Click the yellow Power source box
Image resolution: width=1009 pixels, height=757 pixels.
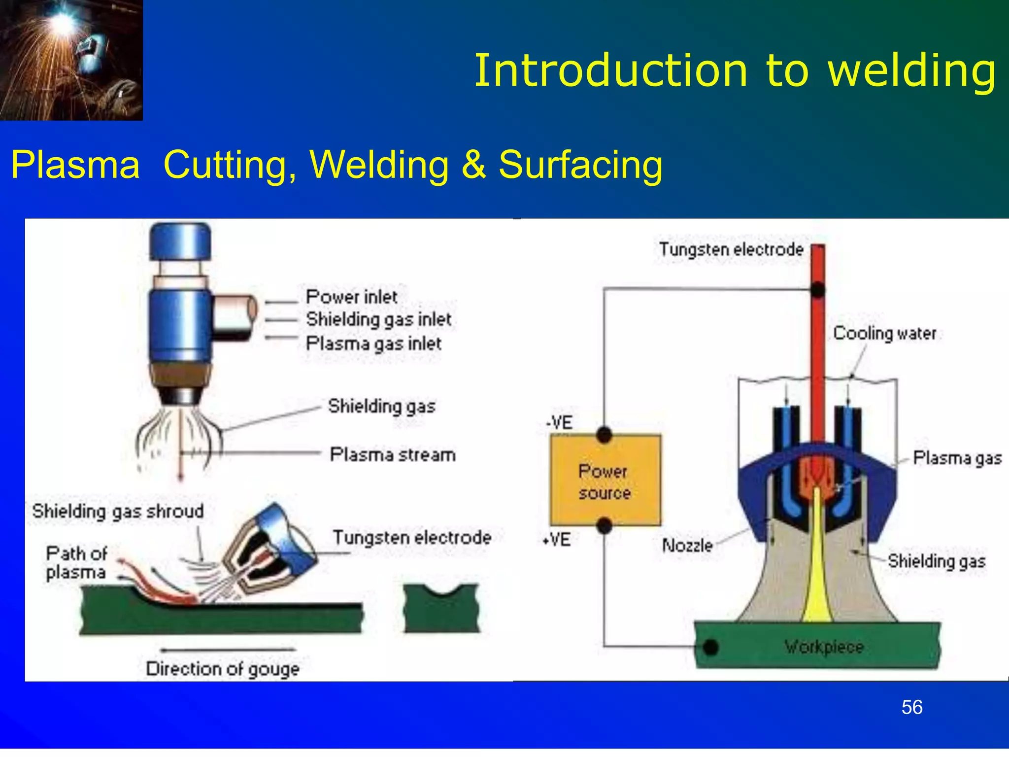[x=605, y=481]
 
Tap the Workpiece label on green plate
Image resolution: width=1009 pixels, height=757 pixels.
[x=824, y=647]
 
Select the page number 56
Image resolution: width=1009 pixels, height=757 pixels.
[x=911, y=708]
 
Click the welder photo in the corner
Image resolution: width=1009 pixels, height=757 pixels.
[x=71, y=60]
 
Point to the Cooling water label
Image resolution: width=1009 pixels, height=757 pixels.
[x=884, y=334]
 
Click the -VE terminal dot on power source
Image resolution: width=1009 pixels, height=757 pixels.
[x=604, y=435]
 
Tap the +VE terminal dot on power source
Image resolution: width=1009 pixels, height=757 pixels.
[x=604, y=526]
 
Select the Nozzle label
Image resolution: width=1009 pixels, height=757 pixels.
[x=687, y=546]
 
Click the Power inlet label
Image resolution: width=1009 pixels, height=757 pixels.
[x=351, y=297]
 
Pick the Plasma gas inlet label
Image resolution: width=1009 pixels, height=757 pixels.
[x=373, y=344]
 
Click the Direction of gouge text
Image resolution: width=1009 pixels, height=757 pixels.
[x=223, y=669]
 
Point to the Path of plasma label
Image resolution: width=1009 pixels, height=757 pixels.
[x=76, y=563]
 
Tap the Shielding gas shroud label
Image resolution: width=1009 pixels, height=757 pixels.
[x=118, y=511]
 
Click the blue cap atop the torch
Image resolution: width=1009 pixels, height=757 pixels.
[x=180, y=241]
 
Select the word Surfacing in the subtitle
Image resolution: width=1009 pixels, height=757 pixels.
[x=580, y=165]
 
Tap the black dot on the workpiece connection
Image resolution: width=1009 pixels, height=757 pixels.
[x=710, y=647]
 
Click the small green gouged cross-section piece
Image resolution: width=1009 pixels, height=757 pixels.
[x=441, y=608]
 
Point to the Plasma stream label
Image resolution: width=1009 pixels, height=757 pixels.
[x=393, y=454]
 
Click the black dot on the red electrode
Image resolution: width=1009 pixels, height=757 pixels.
[x=817, y=290]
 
